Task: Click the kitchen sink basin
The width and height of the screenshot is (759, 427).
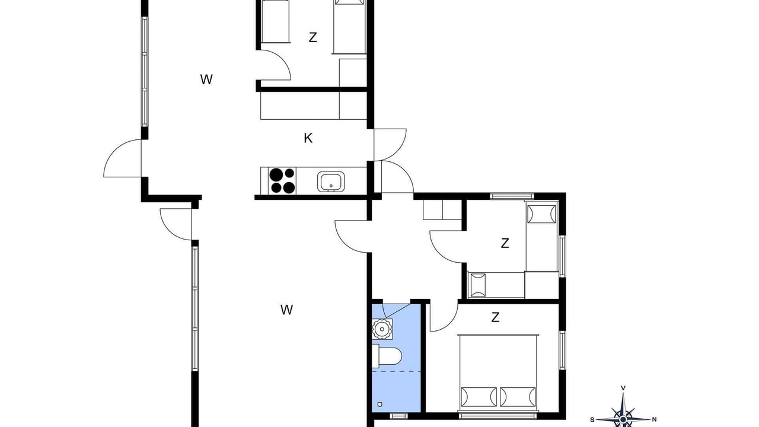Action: pyautogui.click(x=331, y=181)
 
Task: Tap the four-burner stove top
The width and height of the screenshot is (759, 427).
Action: pyautogui.click(x=282, y=181)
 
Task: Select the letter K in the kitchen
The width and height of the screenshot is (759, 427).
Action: pyautogui.click(x=308, y=138)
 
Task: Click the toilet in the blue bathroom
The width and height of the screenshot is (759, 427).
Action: pyautogui.click(x=387, y=356)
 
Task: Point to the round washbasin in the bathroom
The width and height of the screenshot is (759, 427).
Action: pyautogui.click(x=382, y=329)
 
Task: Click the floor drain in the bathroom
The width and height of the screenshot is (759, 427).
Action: pyautogui.click(x=380, y=404)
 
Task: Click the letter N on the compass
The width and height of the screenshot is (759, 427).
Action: pyautogui.click(x=654, y=419)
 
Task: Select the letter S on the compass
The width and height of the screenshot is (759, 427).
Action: pyautogui.click(x=592, y=420)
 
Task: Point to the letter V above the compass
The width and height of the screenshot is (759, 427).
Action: pyautogui.click(x=623, y=388)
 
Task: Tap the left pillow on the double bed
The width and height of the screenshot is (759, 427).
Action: pyautogui.click(x=478, y=397)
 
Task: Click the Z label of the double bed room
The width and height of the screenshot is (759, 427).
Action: pyautogui.click(x=495, y=317)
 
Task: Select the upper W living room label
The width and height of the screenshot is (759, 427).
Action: pyautogui.click(x=206, y=79)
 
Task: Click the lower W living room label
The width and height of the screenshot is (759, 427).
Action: pyautogui.click(x=286, y=310)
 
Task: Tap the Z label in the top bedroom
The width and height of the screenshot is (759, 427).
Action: pyautogui.click(x=312, y=37)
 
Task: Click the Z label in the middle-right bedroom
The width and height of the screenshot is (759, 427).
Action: pyautogui.click(x=505, y=243)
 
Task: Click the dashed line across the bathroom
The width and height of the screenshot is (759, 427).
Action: pyautogui.click(x=397, y=371)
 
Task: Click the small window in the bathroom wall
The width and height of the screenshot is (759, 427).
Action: pyautogui.click(x=399, y=416)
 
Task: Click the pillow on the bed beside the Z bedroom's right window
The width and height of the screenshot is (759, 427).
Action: pyautogui.click(x=541, y=214)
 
